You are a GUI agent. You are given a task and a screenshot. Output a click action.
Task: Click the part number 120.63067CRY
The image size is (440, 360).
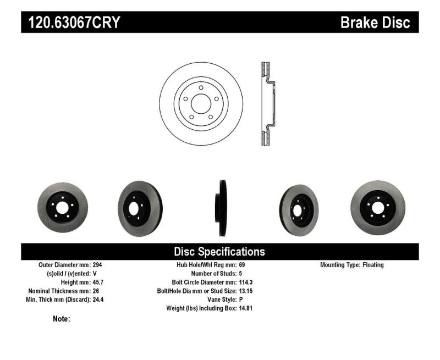(x=71, y=23)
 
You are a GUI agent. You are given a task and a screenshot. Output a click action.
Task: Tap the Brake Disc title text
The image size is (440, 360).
(x=375, y=23)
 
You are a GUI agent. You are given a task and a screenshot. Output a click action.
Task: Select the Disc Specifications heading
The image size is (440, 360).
(x=219, y=252)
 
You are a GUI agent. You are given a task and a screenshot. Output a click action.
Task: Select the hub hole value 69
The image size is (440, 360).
(x=243, y=265)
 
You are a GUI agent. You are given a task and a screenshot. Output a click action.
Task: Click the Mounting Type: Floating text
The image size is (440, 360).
(x=352, y=265)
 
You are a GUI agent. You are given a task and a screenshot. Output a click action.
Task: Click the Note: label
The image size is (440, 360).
(x=62, y=319)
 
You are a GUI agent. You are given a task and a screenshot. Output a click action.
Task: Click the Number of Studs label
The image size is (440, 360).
(x=213, y=274)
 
